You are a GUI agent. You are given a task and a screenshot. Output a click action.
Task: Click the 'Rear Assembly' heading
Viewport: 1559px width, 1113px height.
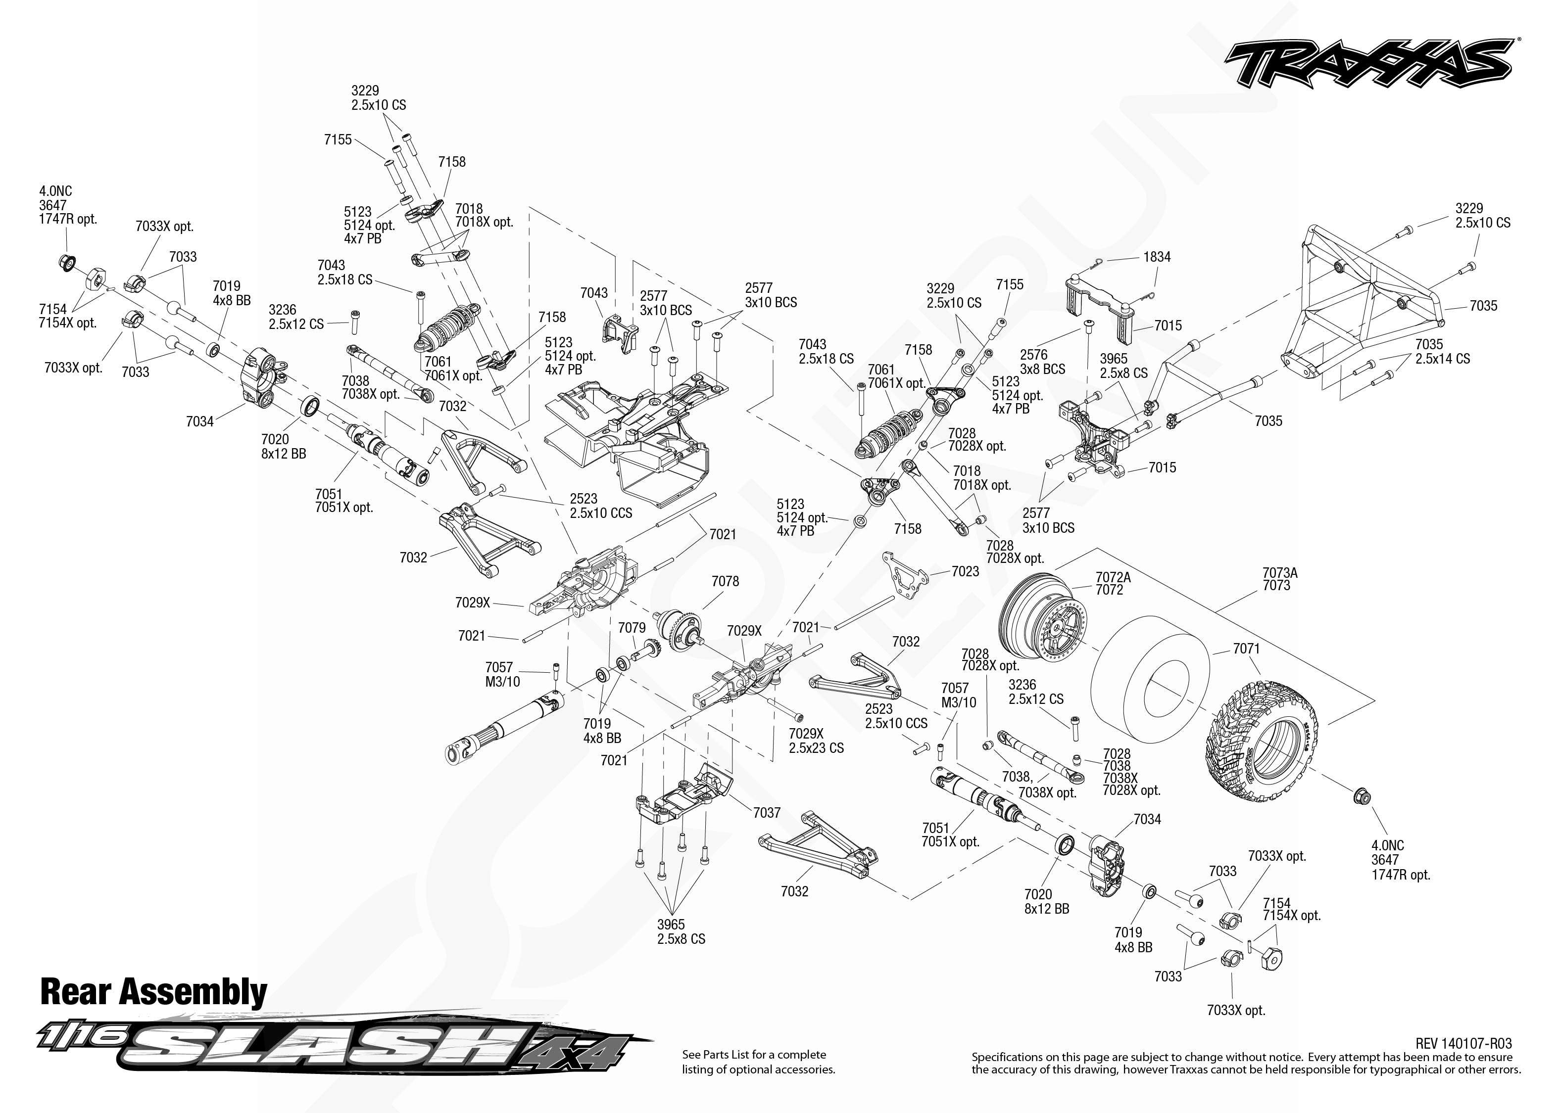(153, 992)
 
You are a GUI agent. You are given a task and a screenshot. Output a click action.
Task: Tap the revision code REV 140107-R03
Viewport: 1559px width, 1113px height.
(1463, 1043)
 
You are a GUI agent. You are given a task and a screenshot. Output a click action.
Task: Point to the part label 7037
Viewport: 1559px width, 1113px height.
(767, 812)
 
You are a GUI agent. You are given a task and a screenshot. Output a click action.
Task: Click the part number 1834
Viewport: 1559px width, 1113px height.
(1157, 257)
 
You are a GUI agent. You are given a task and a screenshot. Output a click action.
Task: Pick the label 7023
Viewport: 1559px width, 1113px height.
(965, 571)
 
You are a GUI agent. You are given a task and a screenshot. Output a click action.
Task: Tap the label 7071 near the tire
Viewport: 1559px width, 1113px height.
(1246, 649)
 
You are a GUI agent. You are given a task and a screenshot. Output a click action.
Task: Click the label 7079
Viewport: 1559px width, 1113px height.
(632, 628)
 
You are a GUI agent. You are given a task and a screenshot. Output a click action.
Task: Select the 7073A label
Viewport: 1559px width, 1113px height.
(1279, 572)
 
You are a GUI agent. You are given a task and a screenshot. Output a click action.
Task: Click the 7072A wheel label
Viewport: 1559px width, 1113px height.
(1113, 577)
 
